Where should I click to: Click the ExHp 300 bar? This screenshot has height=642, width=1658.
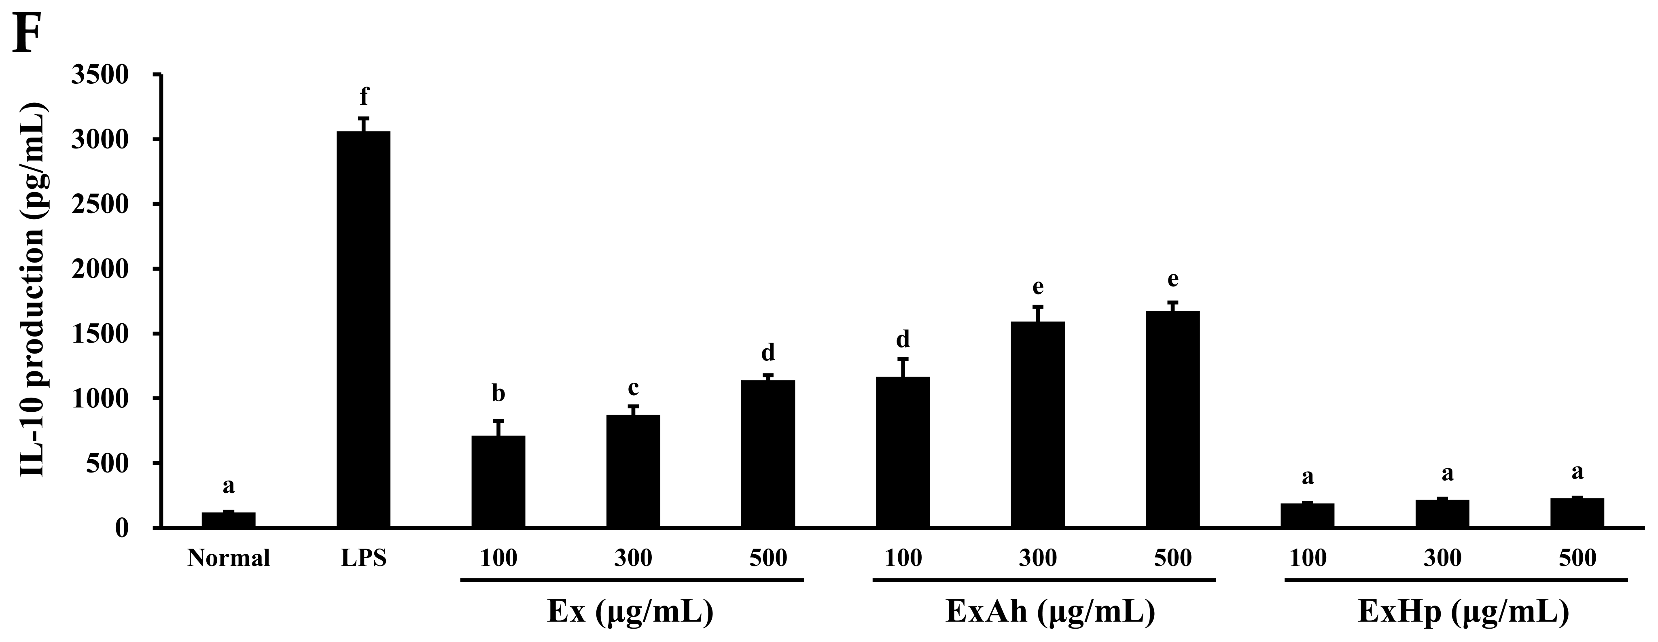[1442, 513]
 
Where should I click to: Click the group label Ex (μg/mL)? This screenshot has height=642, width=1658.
[630, 612]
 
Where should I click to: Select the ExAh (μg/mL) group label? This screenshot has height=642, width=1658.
[1050, 612]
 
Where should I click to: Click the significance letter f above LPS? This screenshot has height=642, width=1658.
[364, 97]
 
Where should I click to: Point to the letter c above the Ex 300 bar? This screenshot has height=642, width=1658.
[633, 388]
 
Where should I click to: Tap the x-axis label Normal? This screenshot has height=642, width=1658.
[229, 558]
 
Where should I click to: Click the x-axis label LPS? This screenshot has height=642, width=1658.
[364, 558]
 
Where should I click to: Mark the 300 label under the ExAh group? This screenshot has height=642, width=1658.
[1037, 558]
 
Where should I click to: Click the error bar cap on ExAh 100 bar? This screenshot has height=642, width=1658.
[903, 359]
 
